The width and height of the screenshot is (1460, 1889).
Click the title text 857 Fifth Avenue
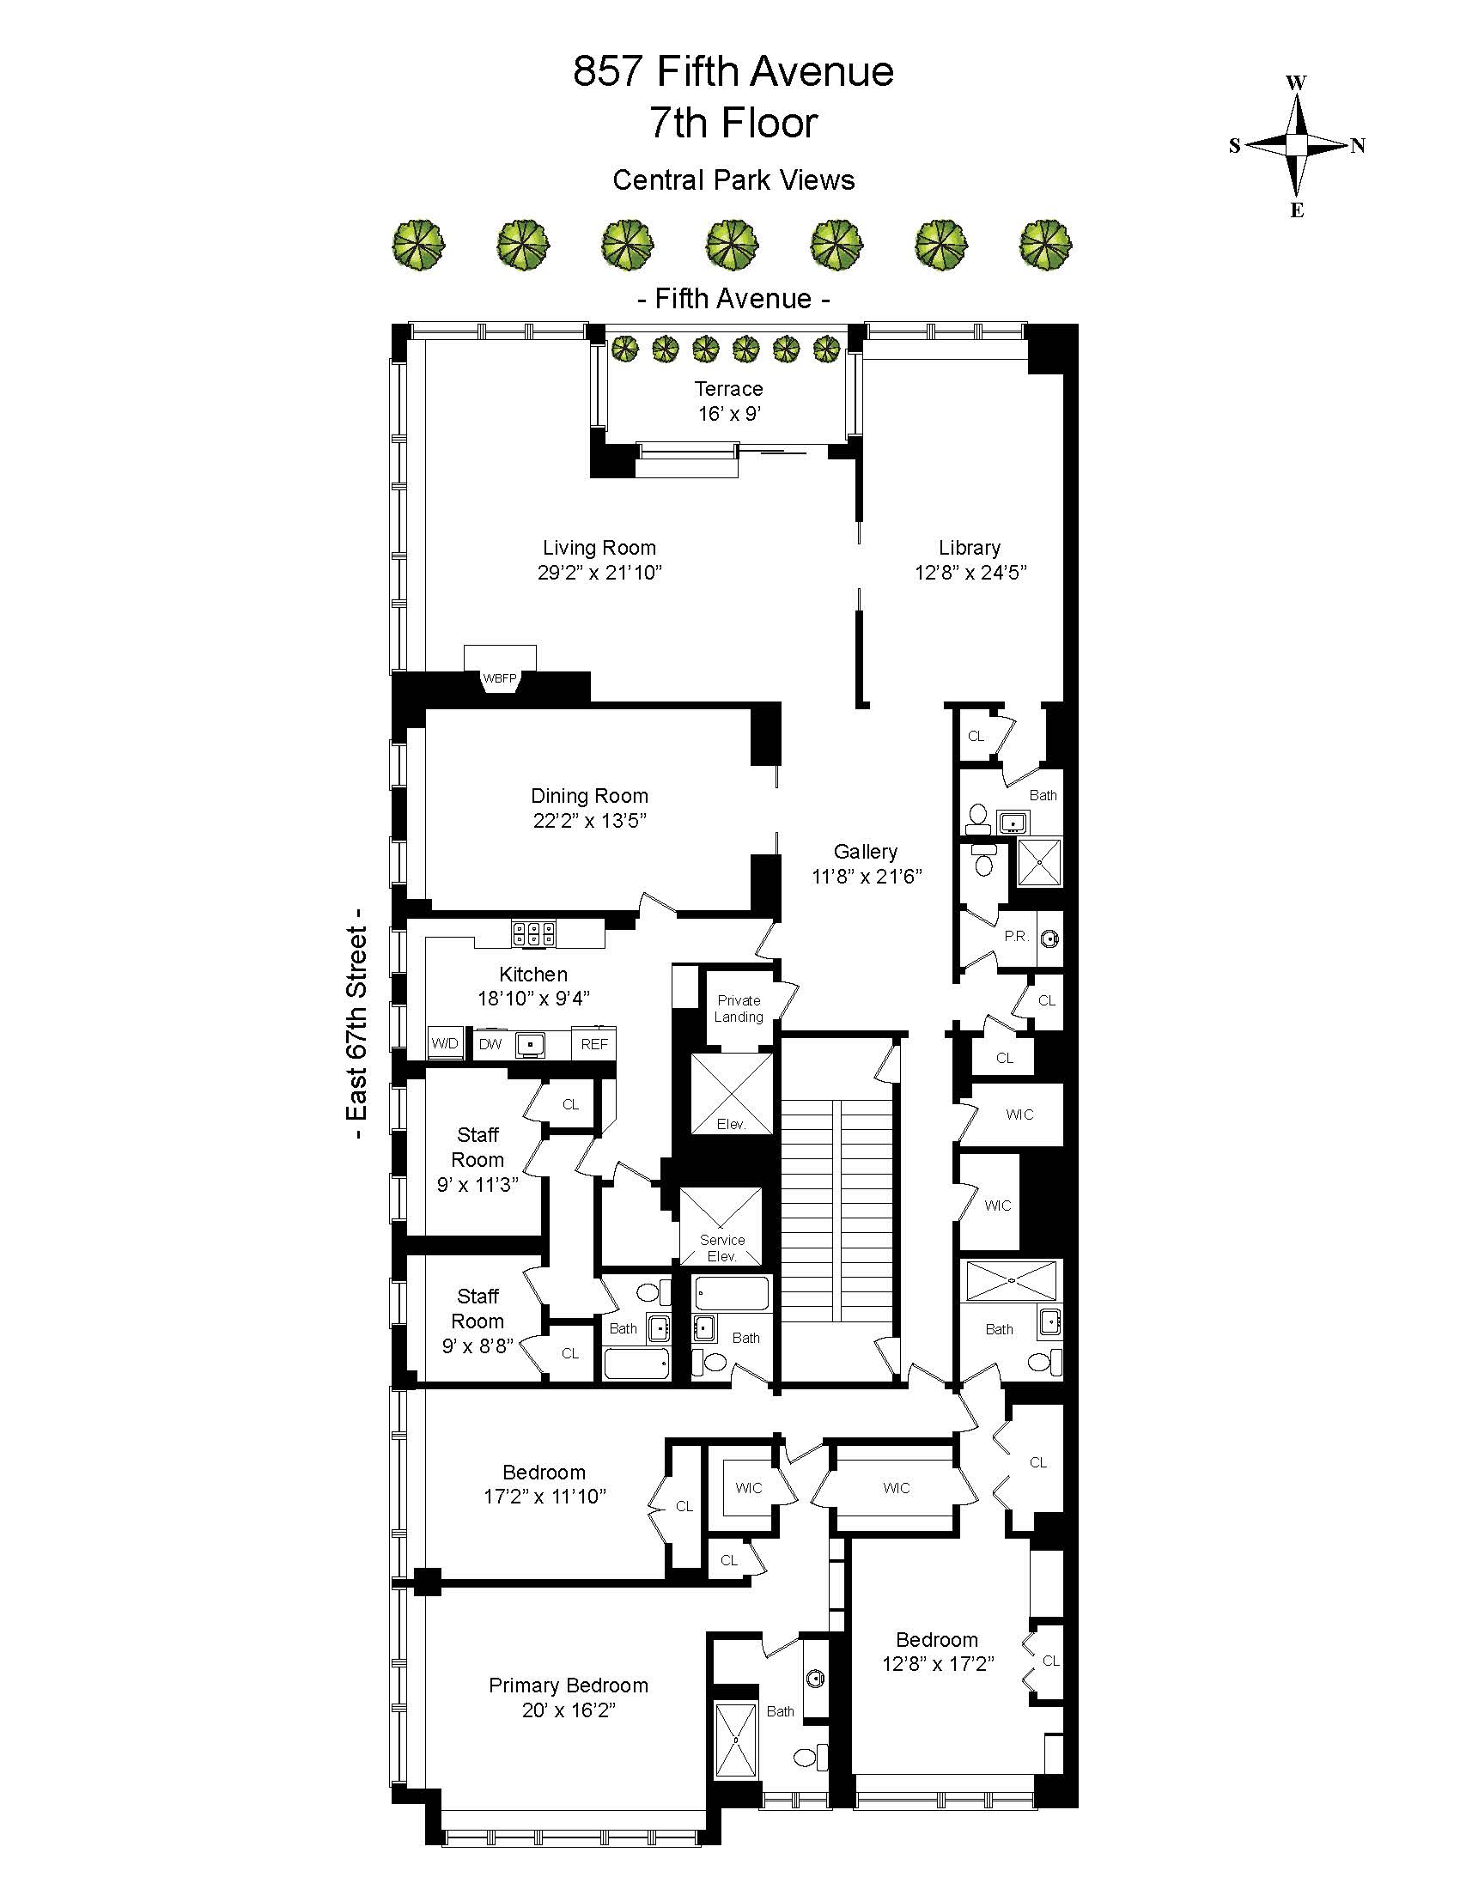click(x=733, y=72)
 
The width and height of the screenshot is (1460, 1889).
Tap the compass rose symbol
click(x=1296, y=145)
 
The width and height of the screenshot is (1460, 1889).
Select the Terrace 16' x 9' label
click(x=729, y=400)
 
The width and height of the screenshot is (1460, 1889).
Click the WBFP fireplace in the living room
click(x=500, y=677)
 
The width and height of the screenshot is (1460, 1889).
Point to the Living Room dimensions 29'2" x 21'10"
click(x=599, y=572)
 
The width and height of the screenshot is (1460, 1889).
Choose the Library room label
click(x=970, y=548)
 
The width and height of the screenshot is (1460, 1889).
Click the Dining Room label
click(x=589, y=796)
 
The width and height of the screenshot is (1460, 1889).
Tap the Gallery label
click(x=865, y=851)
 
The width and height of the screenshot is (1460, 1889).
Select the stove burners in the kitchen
click(x=533, y=933)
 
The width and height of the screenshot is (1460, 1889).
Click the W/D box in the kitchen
click(x=445, y=1043)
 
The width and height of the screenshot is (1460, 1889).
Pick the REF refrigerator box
click(x=594, y=1044)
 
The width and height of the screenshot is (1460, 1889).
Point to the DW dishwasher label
click(x=490, y=1044)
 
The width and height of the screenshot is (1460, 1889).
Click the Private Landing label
click(x=739, y=1009)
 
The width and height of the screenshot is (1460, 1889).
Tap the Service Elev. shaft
click(x=721, y=1226)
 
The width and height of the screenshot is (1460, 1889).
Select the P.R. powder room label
click(x=1015, y=937)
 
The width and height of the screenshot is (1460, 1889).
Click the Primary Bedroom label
click(x=569, y=1685)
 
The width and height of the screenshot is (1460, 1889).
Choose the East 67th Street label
click(x=356, y=1023)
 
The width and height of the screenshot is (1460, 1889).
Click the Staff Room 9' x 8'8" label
click(x=478, y=1321)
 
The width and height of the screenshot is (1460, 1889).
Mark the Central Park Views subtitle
click(x=733, y=180)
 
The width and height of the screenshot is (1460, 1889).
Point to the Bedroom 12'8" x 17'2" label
click(x=938, y=1651)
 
